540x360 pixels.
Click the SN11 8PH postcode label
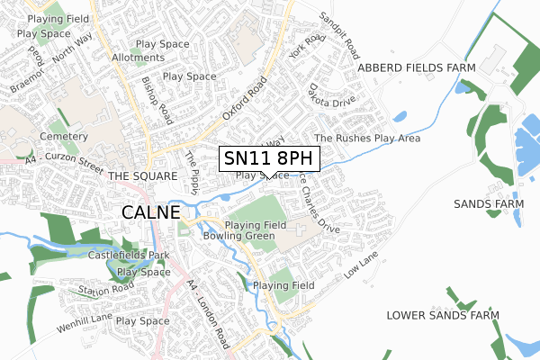(x=268, y=158)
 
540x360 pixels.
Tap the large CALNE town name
(x=150, y=212)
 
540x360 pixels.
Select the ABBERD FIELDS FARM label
(x=415, y=67)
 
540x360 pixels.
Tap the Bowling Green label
(x=238, y=236)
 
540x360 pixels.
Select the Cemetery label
(x=62, y=137)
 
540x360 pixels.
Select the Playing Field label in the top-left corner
(x=57, y=18)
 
